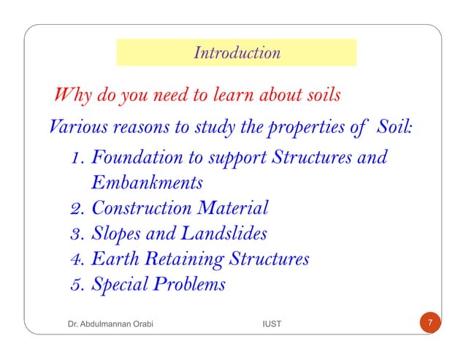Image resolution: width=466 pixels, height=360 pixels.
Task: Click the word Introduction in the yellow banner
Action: point(237,53)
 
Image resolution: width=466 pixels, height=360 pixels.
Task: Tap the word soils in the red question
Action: point(321,96)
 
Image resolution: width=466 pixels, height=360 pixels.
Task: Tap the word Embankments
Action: point(147,181)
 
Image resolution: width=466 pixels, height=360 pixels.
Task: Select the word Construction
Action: point(139,208)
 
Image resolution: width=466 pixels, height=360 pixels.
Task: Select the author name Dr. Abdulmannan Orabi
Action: point(104,323)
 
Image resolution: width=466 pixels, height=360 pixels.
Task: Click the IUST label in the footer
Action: point(272,323)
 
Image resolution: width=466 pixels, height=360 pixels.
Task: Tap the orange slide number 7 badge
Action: point(431,323)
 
